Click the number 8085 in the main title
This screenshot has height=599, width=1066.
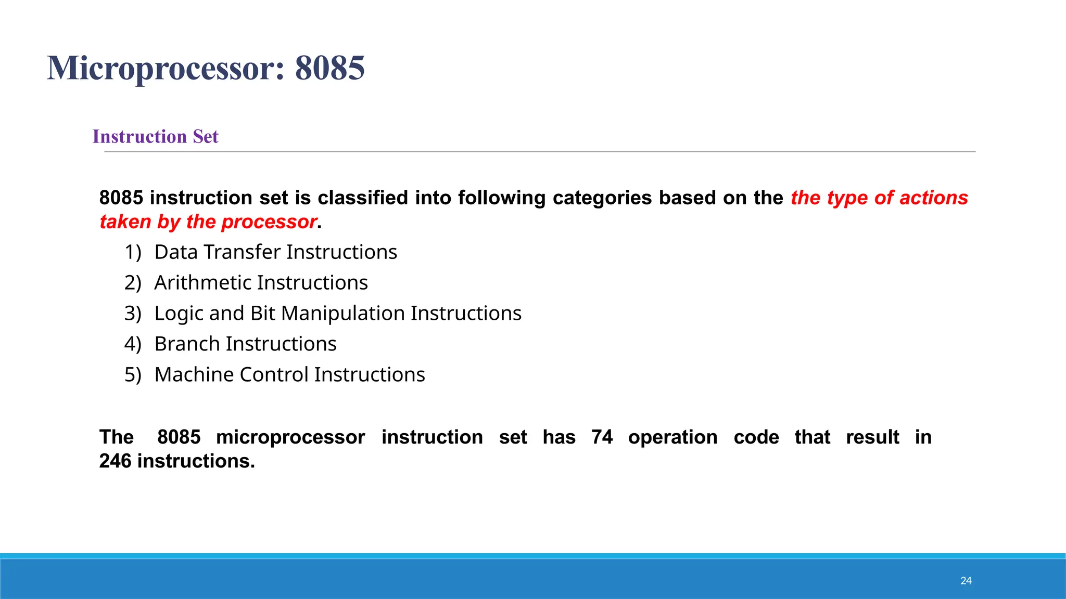(329, 68)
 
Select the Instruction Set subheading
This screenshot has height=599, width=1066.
(155, 136)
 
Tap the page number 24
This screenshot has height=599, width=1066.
(966, 581)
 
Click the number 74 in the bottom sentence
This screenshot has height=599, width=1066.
(602, 437)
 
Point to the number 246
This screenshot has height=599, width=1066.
(115, 461)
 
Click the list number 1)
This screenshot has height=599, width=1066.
(133, 252)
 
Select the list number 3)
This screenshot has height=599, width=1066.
(133, 314)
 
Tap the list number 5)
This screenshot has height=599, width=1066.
(133, 375)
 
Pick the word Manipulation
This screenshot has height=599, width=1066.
(342, 313)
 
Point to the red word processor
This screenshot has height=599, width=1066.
(269, 222)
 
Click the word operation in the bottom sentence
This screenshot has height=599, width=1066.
(672, 437)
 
